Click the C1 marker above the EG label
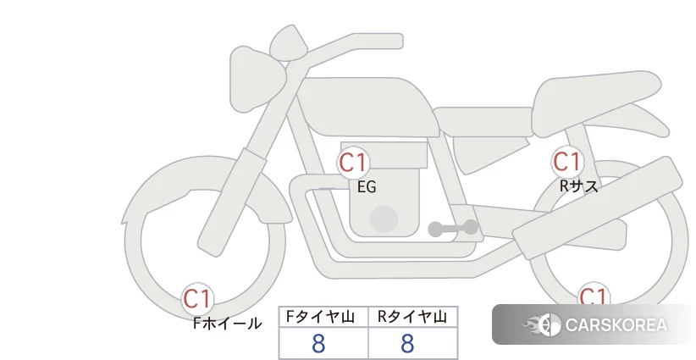pos(353,163)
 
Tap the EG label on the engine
pos(367,187)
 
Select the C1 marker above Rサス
pos(567,162)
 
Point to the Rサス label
pos(578,186)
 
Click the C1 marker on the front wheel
pos(197,299)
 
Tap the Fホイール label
pos(227,324)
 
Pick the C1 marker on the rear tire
pos(594,295)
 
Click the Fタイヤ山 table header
pos(320,317)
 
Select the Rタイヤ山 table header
pos(412,317)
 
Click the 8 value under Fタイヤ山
pos(318,344)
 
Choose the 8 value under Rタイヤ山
pos(407,344)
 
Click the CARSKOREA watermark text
pos(616,325)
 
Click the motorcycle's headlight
pos(256,79)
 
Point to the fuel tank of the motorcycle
pos(367,108)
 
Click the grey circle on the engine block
pos(384,219)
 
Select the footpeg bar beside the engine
pos(453,228)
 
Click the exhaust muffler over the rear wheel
pos(598,208)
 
